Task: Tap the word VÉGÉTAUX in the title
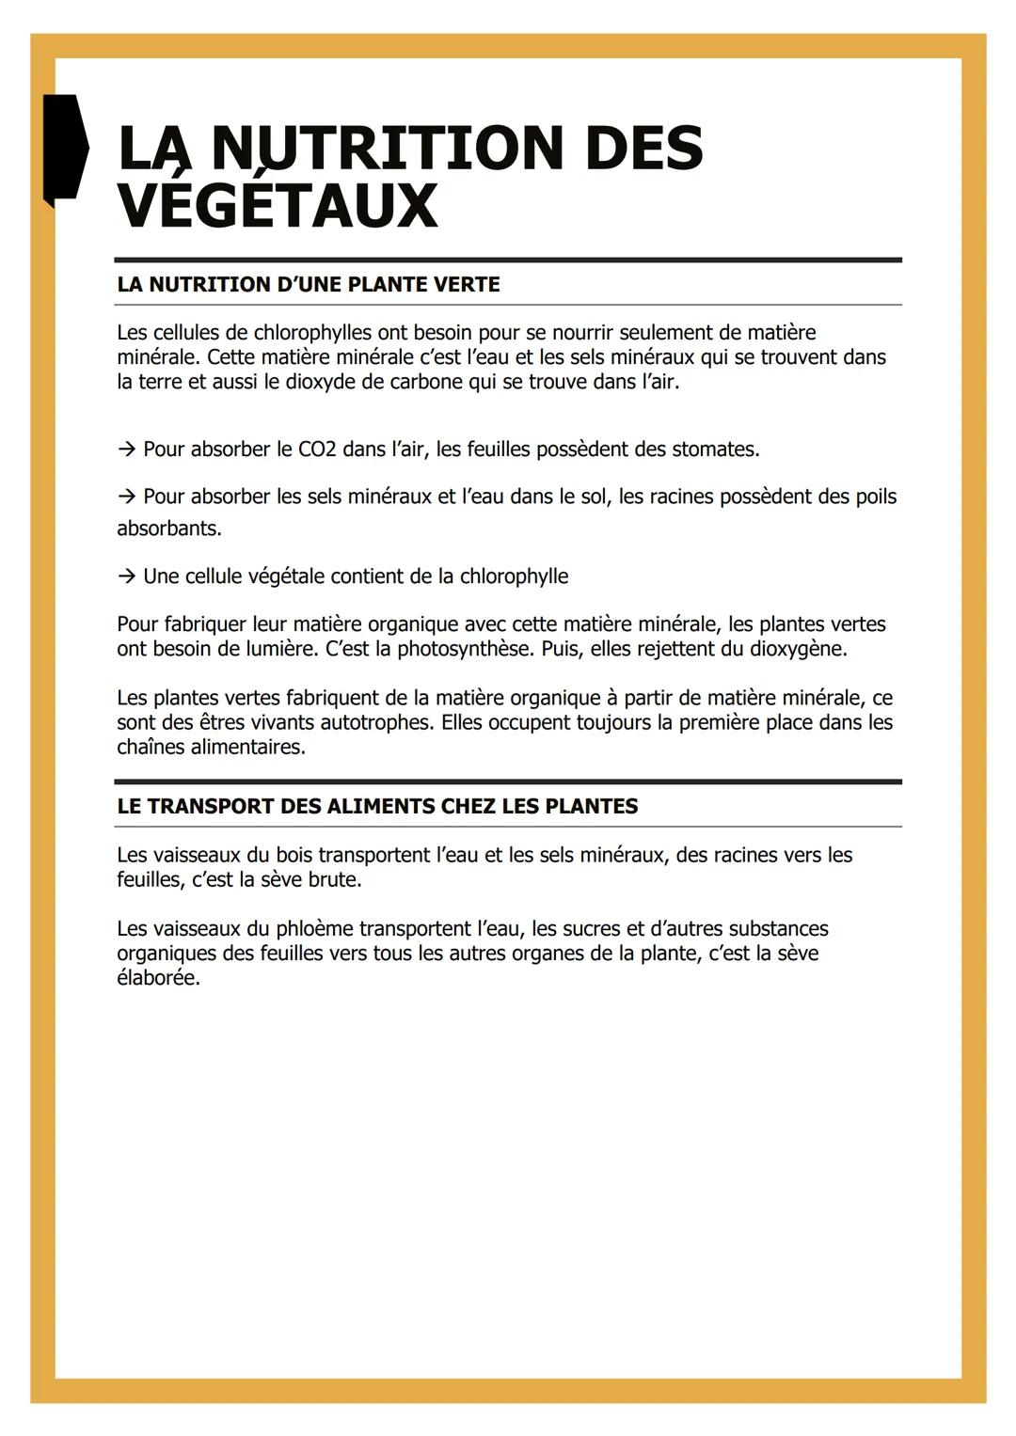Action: coord(278,206)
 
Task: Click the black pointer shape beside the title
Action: coord(65,147)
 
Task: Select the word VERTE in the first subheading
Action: coord(467,285)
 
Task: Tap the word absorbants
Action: coord(168,529)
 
